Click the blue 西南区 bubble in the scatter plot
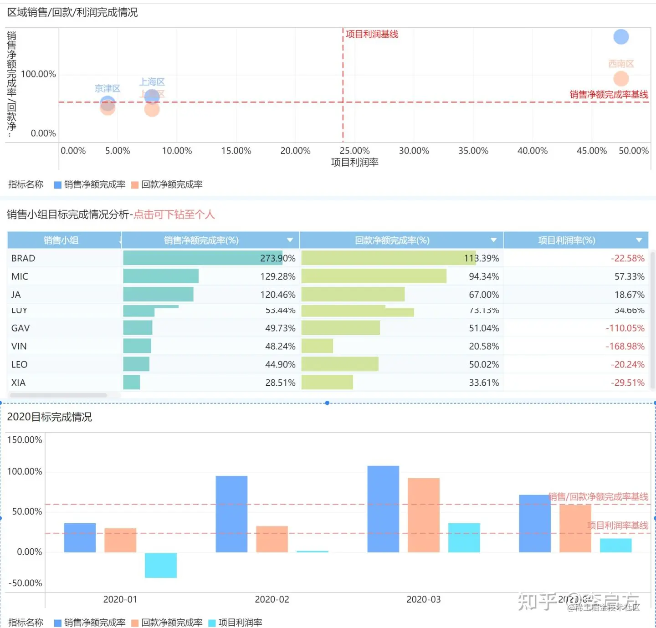(621, 37)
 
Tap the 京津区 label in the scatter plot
(108, 88)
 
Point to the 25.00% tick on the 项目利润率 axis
(354, 151)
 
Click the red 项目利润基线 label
(372, 34)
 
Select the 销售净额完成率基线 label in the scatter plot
(609, 94)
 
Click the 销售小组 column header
(61, 240)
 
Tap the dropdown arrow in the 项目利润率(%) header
(639, 240)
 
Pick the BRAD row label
(23, 258)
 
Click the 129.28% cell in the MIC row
(277, 276)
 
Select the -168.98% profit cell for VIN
(625, 346)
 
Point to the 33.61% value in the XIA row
(484, 383)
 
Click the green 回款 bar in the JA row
(353, 295)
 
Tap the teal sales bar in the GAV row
(138, 328)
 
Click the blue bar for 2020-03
(383, 509)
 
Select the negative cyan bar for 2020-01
(161, 565)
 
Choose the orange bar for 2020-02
(272, 539)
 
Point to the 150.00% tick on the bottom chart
(25, 439)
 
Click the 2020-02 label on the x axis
(272, 599)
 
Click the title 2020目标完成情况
(49, 417)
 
